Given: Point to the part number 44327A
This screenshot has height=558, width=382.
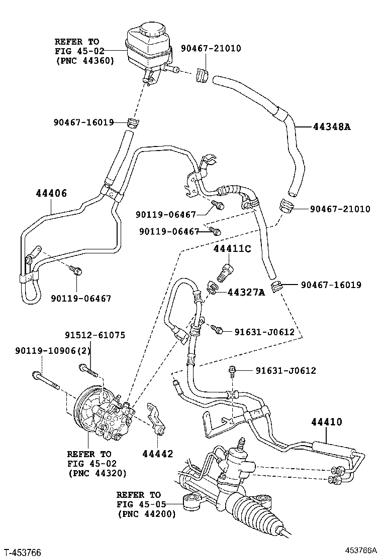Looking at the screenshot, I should (246, 292).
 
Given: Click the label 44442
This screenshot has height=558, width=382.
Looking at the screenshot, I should (158, 454).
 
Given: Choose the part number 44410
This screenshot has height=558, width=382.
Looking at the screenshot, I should (325, 422).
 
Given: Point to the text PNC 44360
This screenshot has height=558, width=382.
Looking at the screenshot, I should (85, 60).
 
